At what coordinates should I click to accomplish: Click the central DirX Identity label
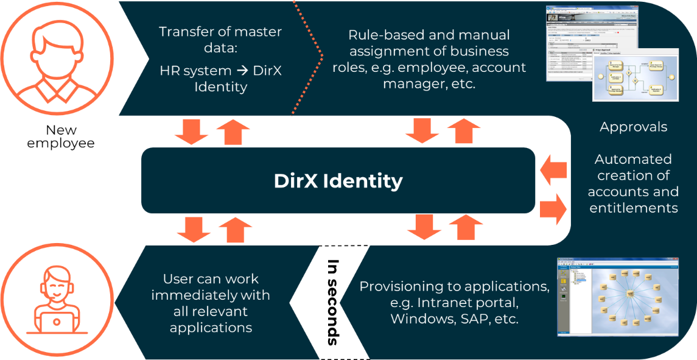(338, 181)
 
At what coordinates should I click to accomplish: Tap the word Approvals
(633, 127)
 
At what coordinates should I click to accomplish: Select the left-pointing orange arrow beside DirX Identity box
(554, 169)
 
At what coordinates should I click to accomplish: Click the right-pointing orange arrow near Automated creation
(553, 208)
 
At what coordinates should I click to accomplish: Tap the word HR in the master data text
(169, 71)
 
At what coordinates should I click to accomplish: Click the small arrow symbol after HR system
(241, 71)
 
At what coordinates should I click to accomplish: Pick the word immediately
(211, 295)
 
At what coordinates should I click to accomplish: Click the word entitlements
(633, 208)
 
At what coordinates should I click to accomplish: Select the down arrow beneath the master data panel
(191, 131)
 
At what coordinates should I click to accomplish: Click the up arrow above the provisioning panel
(466, 226)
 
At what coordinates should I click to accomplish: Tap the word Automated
(633, 159)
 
